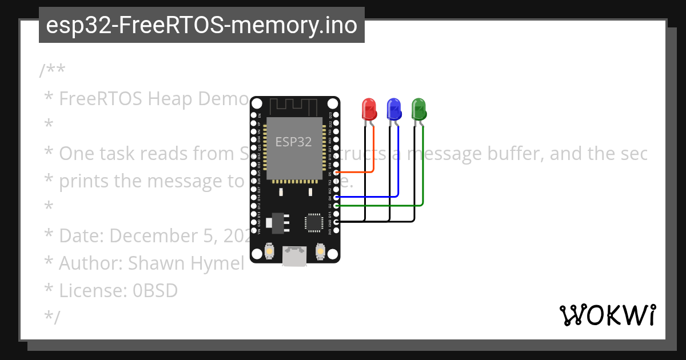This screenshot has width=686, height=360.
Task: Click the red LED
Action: [369, 109]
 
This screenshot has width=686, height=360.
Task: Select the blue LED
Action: [394, 109]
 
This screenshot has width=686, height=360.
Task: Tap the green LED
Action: [419, 109]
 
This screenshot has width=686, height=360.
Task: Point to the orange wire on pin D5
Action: [360, 171]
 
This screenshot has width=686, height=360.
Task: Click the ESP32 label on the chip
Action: [294, 142]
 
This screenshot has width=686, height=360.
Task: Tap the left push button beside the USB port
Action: [269, 251]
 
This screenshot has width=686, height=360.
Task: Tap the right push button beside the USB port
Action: [320, 251]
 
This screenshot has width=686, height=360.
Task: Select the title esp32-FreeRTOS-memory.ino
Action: [201, 25]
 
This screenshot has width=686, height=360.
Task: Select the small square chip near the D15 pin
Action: [313, 222]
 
